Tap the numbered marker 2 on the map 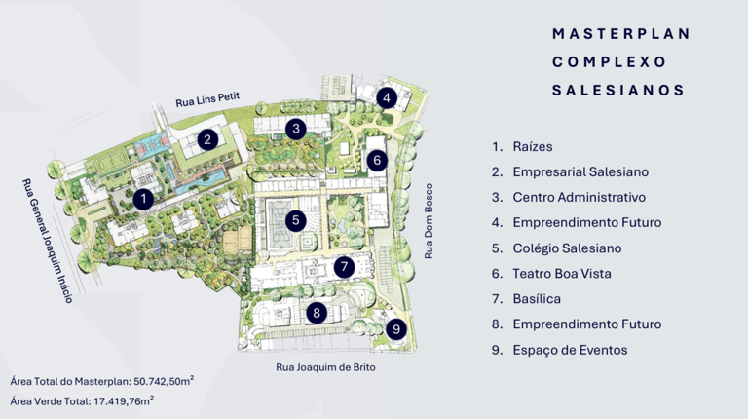point(206,139)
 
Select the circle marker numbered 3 point(295,128)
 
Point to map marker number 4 point(386,97)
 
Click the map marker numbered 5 point(295,220)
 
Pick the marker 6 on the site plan point(377,160)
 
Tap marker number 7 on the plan point(342,266)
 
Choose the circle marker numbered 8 point(316,313)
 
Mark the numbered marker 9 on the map point(394,329)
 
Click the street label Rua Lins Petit point(206,100)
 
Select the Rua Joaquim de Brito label point(324,368)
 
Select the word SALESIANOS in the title point(617,90)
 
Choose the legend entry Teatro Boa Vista point(562,274)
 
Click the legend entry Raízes point(533,146)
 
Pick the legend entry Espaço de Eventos point(570,350)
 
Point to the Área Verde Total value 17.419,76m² point(120,400)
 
